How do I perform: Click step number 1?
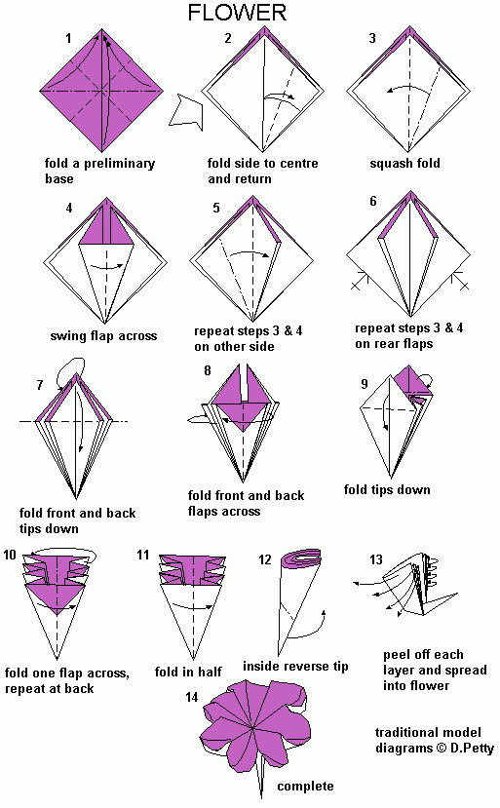click(69, 39)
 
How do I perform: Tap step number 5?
click(216, 208)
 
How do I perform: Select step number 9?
click(365, 384)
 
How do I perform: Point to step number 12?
click(265, 559)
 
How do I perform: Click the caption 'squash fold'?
click(404, 164)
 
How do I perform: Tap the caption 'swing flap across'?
click(103, 336)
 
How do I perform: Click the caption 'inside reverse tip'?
click(295, 666)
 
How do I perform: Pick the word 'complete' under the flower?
click(305, 787)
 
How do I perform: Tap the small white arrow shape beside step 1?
click(185, 108)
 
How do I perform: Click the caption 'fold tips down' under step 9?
click(387, 489)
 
